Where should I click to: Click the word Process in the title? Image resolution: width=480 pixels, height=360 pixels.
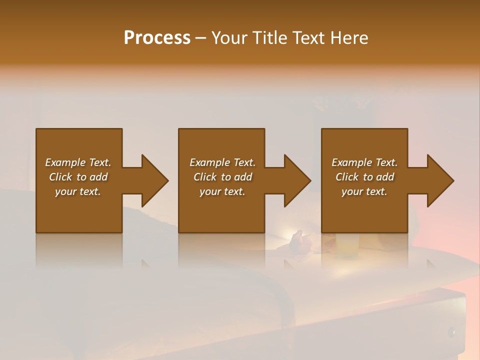pos(157,38)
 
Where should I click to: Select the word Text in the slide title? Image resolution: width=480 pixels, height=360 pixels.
pos(307,38)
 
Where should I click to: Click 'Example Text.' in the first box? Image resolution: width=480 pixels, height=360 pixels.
pos(78,162)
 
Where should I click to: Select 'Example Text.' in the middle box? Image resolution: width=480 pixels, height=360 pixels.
pos(222,162)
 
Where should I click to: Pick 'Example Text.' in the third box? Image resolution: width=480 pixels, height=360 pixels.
pos(364,162)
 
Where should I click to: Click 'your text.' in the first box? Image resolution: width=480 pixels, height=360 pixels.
pos(78,191)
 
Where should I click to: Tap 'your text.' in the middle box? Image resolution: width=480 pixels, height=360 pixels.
pos(222,191)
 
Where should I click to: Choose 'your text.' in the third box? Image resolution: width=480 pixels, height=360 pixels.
pos(364,191)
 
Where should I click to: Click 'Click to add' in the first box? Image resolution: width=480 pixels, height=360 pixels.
pos(78,177)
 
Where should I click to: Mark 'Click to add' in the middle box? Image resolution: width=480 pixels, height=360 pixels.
pos(222,177)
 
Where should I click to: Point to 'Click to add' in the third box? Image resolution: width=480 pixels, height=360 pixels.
pos(364,177)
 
